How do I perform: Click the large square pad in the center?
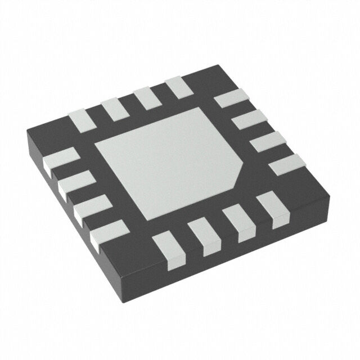(x=169, y=163)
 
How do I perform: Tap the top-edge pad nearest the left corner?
(x=79, y=119)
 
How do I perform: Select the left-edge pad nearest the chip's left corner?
(x=59, y=158)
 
